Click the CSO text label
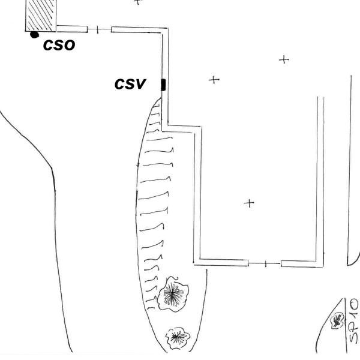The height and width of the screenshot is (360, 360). click(x=59, y=44)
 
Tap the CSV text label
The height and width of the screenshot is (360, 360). click(x=130, y=85)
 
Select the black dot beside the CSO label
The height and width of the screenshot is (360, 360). click(x=34, y=35)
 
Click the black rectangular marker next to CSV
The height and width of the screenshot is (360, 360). click(x=163, y=85)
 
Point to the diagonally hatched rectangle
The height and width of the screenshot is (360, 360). click(x=40, y=14)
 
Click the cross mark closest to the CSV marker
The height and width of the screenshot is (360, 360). click(x=213, y=80)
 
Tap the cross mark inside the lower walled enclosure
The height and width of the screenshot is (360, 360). click(x=250, y=203)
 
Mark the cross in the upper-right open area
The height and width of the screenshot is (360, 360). click(x=284, y=59)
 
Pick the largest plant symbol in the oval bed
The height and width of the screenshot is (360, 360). click(x=173, y=293)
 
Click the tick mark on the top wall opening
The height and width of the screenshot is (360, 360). click(x=97, y=28)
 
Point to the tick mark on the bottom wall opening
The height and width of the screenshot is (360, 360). click(x=265, y=263)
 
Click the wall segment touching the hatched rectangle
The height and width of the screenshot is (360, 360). click(x=71, y=28)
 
